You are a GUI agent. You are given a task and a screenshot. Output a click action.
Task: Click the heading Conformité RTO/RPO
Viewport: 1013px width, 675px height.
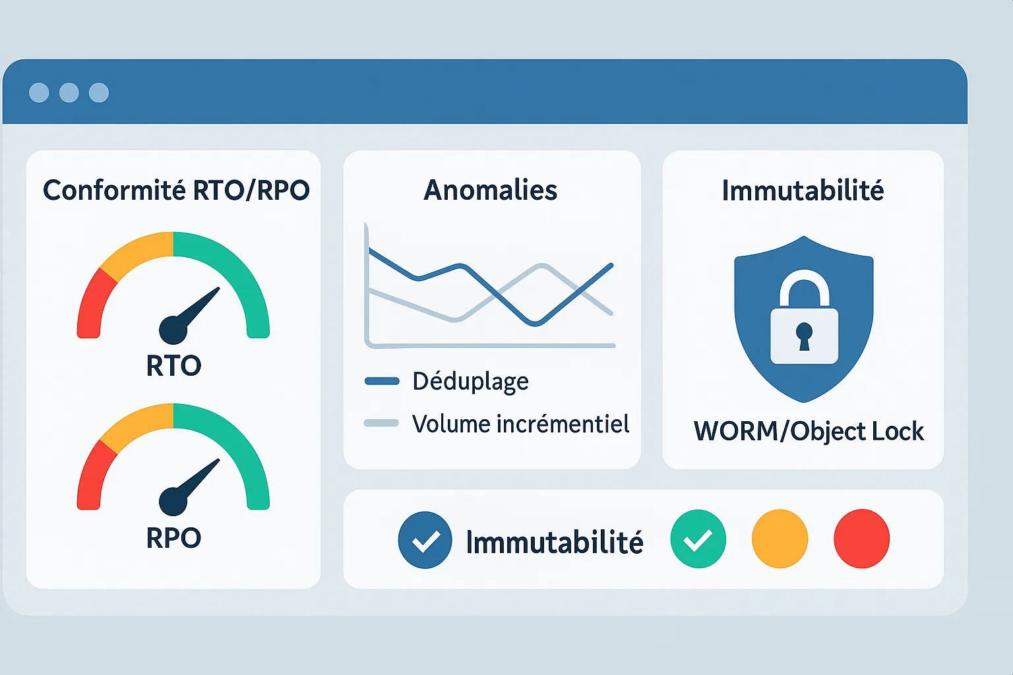pos(176,190)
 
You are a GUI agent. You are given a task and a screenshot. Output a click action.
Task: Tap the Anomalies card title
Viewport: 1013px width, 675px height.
pos(491,190)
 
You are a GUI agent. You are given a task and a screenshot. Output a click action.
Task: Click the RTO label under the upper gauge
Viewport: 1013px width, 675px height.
pos(173,365)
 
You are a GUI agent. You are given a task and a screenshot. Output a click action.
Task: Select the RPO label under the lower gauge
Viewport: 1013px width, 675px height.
pos(173,537)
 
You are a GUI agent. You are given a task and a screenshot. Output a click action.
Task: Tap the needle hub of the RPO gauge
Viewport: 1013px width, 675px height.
pos(173,502)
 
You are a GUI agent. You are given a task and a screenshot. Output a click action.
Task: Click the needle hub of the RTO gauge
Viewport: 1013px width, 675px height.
pos(173,330)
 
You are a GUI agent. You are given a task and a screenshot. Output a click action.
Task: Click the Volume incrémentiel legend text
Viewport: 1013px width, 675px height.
pos(520,424)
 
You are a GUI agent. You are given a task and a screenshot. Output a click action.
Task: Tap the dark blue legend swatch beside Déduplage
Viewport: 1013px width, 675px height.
pos(382,381)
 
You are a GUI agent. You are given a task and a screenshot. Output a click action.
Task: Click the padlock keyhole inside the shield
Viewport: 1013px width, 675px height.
pos(804,336)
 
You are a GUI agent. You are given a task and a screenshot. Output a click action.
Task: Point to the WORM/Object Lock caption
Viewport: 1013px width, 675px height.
pos(809,431)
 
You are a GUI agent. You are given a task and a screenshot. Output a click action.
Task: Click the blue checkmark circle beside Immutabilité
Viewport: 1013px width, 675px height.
pos(425,540)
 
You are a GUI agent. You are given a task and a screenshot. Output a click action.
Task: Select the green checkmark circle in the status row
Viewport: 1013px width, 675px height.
pos(698,539)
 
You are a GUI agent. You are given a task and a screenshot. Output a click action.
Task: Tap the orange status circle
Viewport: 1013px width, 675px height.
pos(780,539)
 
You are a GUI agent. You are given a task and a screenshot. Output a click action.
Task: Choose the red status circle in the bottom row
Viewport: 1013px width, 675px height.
pos(861,539)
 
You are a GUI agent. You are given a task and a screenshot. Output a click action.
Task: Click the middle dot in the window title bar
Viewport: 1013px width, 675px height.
pos(69,93)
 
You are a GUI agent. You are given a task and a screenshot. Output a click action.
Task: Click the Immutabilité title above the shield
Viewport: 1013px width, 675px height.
pos(803,191)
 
